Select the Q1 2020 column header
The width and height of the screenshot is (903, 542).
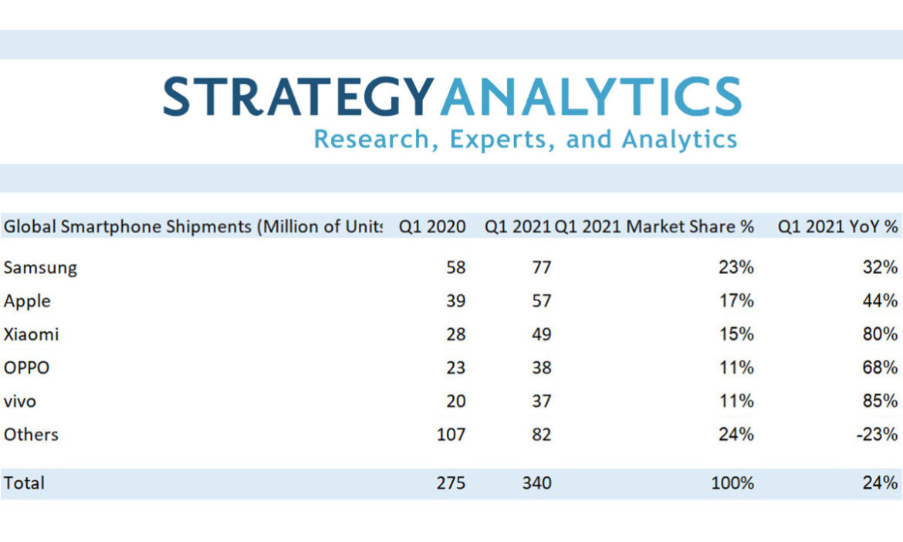432,227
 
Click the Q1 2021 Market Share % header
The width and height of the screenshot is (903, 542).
654,227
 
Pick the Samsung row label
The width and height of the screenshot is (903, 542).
40,268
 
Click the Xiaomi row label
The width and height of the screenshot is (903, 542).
31,334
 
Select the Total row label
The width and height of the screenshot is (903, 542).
24,483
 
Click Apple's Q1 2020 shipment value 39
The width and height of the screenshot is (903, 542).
455,301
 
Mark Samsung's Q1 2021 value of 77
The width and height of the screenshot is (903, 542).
541,268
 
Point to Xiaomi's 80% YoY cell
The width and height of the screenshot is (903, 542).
880,334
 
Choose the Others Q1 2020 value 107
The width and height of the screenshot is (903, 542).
450,435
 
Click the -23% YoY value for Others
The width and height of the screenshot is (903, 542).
877,435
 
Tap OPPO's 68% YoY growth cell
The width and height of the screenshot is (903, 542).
880,368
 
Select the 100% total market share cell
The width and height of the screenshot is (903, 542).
732,483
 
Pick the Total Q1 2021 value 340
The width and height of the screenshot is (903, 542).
536,483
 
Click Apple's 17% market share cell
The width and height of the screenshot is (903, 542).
736,301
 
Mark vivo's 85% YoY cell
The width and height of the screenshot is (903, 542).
880,401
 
